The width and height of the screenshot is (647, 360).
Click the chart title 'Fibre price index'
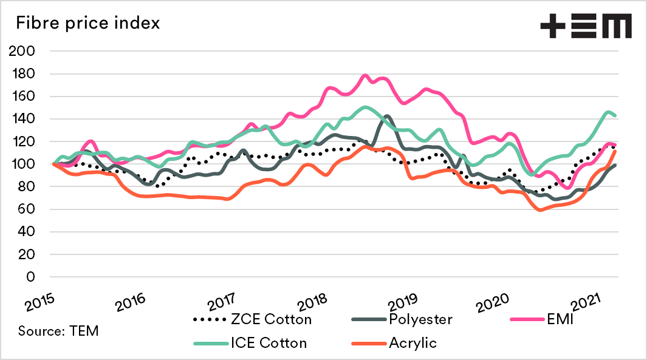click(x=88, y=24)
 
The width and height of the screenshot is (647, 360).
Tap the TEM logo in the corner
click(x=586, y=26)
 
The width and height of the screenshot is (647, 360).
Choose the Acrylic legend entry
click(x=413, y=342)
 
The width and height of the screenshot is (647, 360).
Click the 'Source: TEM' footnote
click(x=58, y=331)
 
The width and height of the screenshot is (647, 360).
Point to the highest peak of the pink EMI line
click(x=365, y=76)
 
